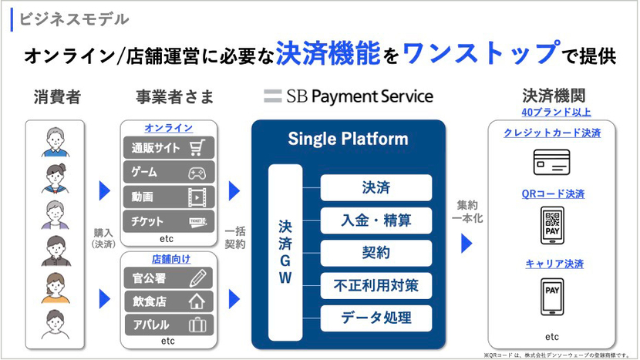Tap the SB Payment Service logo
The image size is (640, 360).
(x=349, y=96)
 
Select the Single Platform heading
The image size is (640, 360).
(x=348, y=140)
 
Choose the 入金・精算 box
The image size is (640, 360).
(x=376, y=220)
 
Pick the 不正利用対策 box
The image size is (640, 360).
(x=376, y=285)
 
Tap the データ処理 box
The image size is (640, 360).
(x=376, y=317)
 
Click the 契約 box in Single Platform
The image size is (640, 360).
(x=376, y=252)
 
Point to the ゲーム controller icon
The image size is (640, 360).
(x=200, y=173)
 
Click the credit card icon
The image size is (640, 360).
(x=552, y=162)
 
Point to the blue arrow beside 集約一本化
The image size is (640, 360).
(x=466, y=244)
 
